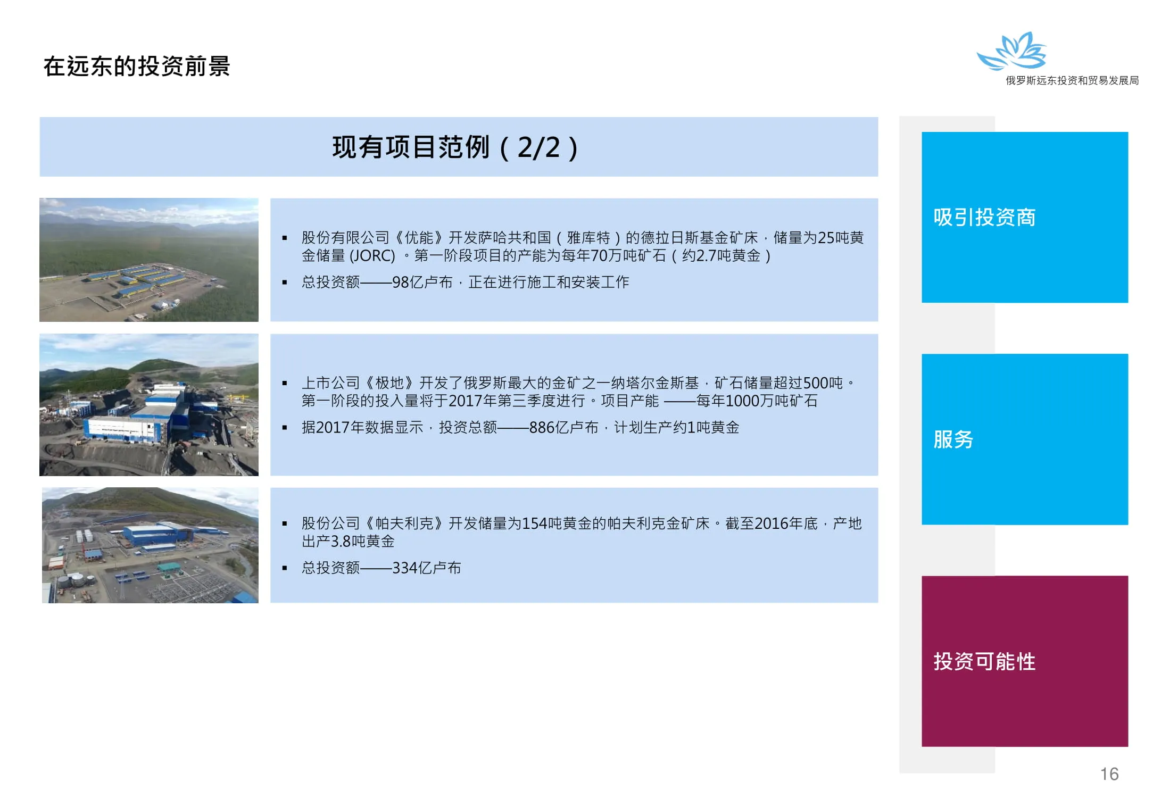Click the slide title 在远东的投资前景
[137, 66]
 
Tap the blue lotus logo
[1012, 51]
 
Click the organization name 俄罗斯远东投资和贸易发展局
[1072, 80]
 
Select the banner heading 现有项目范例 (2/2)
[455, 147]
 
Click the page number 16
[1109, 774]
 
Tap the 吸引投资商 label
[984, 217]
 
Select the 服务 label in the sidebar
[953, 439]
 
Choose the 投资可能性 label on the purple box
[984, 661]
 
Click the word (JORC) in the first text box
[372, 256]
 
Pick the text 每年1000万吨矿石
[757, 401]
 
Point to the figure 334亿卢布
[427, 568]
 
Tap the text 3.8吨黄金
[363, 542]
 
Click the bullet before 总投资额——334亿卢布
[285, 568]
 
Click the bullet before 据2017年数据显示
[285, 428]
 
